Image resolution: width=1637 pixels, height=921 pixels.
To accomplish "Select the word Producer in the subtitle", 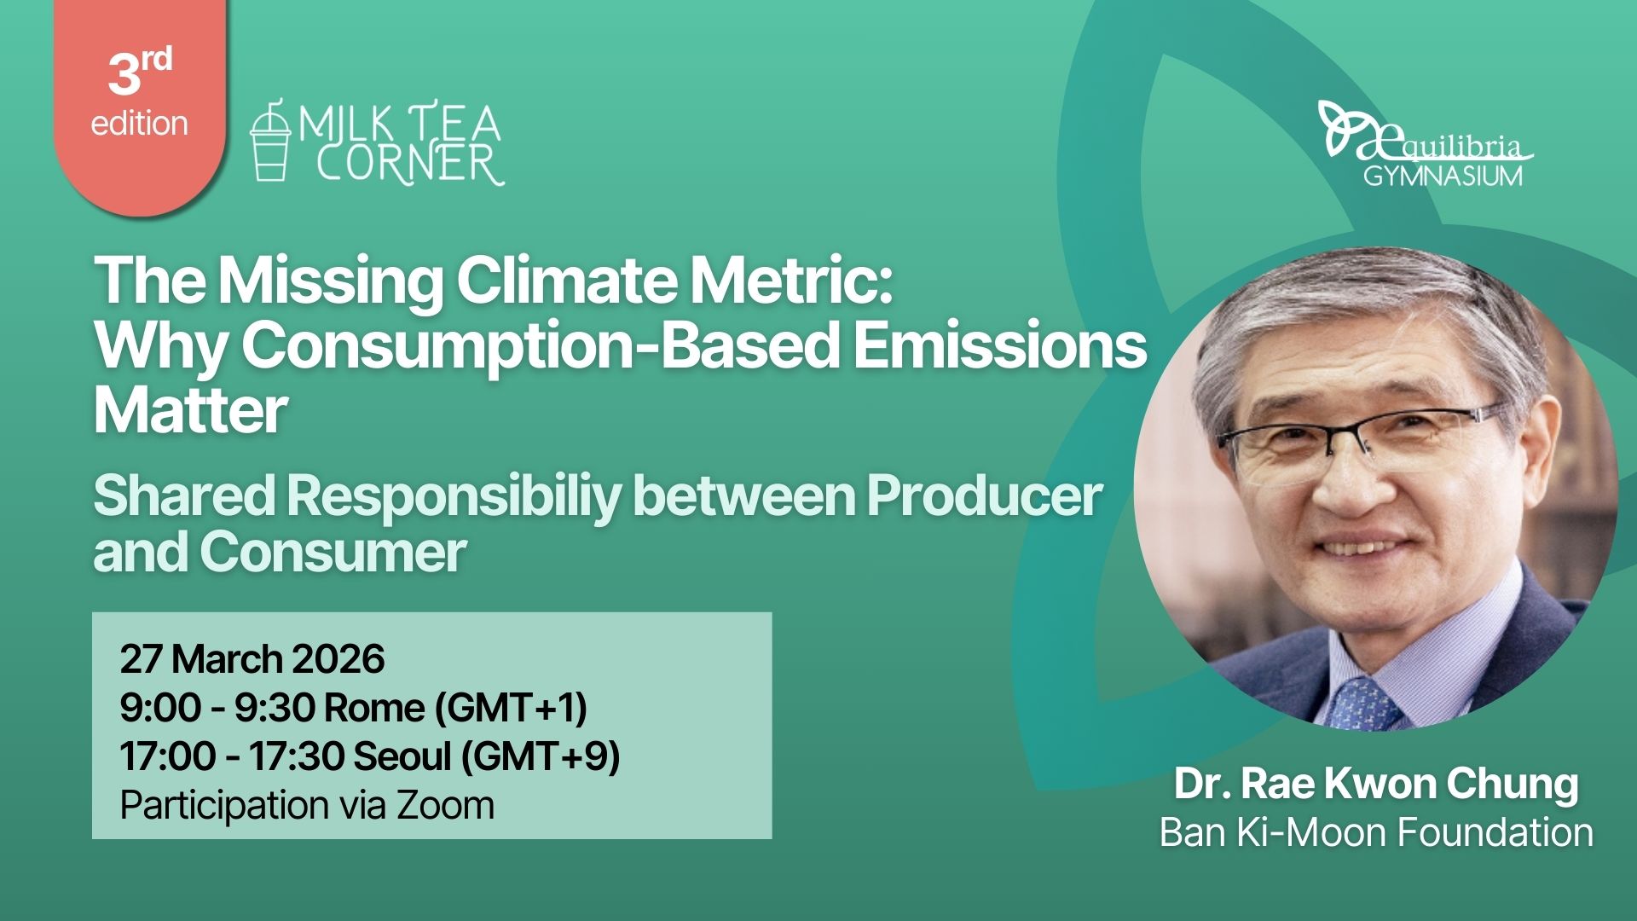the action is coord(984,495).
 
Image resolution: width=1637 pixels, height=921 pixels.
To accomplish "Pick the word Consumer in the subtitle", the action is coord(333,552).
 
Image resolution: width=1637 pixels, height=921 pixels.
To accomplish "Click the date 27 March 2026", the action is coord(252,659).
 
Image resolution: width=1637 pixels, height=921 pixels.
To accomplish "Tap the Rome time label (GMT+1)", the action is coord(511,708).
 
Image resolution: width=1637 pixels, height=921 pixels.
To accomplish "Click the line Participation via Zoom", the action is coord(307,805).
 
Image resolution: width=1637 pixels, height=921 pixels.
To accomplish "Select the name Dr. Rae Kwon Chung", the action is coord(1376,784).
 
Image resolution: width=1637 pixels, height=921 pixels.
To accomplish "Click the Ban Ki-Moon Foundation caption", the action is coord(1376,832).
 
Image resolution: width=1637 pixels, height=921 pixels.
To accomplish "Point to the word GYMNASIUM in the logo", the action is coord(1443,176).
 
